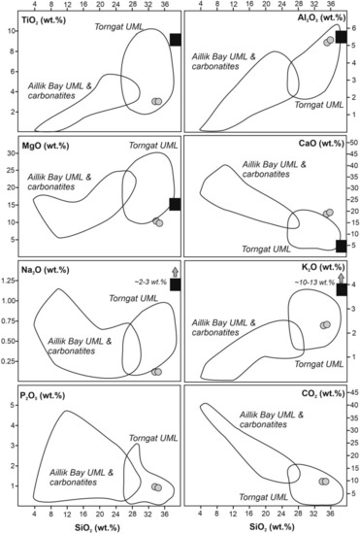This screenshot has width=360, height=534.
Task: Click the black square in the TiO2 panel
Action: [175, 40]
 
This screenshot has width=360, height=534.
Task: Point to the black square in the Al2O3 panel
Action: [342, 36]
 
